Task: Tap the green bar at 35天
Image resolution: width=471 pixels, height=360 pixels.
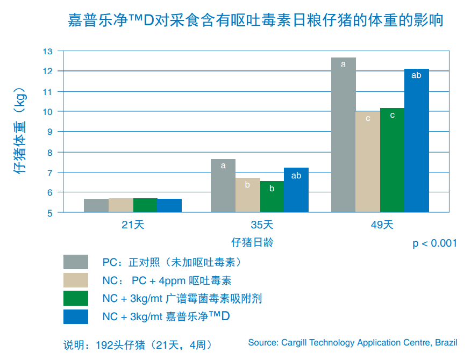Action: point(272,197)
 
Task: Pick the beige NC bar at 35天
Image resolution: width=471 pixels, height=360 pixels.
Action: point(247,195)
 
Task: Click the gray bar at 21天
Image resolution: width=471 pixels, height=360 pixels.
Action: point(96,205)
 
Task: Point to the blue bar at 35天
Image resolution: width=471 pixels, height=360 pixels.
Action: point(296,190)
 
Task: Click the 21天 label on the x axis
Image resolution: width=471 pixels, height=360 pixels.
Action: point(133,225)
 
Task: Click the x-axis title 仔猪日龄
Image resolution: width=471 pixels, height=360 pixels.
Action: point(252,242)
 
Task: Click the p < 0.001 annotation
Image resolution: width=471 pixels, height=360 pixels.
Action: point(434,243)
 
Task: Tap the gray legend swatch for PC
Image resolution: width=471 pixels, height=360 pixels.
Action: point(75,262)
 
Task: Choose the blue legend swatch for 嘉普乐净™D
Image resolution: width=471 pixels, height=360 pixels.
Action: point(75,316)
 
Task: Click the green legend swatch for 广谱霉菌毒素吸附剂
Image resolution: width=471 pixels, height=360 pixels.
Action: point(75,298)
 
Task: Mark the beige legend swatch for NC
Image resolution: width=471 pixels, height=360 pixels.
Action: point(75,280)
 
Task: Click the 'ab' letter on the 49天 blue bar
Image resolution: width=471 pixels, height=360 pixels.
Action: point(416,76)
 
